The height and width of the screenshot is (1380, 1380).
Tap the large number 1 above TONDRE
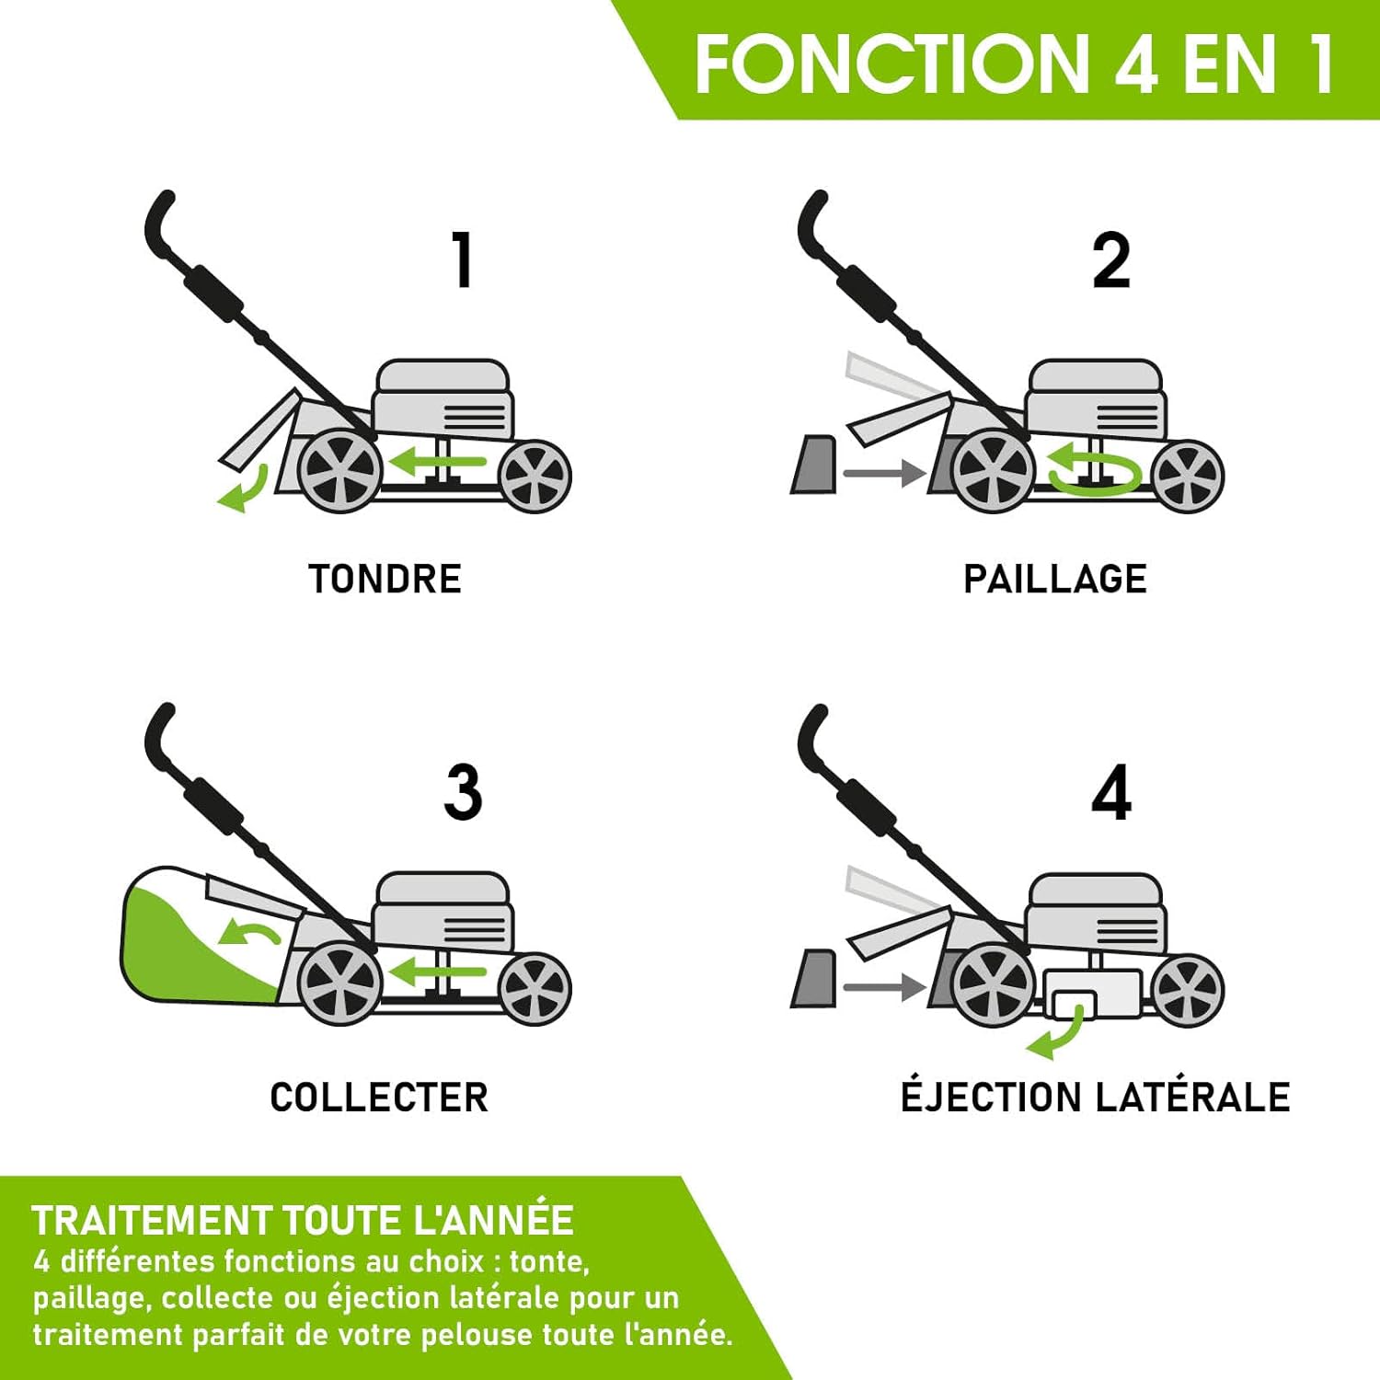[x=463, y=259]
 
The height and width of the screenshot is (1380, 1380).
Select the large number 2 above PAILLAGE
[x=1110, y=261]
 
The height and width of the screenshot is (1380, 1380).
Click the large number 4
[x=1111, y=792]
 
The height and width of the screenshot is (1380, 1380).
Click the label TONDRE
[x=385, y=580]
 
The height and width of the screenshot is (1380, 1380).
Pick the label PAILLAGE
[x=1054, y=580]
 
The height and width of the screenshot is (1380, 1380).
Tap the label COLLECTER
[x=379, y=1098]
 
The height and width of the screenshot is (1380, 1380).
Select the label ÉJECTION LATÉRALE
[x=1095, y=1098]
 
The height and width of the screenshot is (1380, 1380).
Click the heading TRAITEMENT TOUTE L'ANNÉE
[x=303, y=1221]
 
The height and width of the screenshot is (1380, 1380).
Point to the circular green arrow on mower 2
[x=1095, y=469]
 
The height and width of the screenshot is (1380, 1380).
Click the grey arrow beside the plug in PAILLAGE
[x=883, y=474]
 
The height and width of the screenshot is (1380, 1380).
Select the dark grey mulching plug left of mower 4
[x=814, y=979]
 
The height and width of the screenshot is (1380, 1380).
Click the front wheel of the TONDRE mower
[x=535, y=476]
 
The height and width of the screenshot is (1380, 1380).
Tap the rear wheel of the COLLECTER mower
[x=339, y=983]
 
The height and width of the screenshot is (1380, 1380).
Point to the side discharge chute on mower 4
[x=1092, y=994]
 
